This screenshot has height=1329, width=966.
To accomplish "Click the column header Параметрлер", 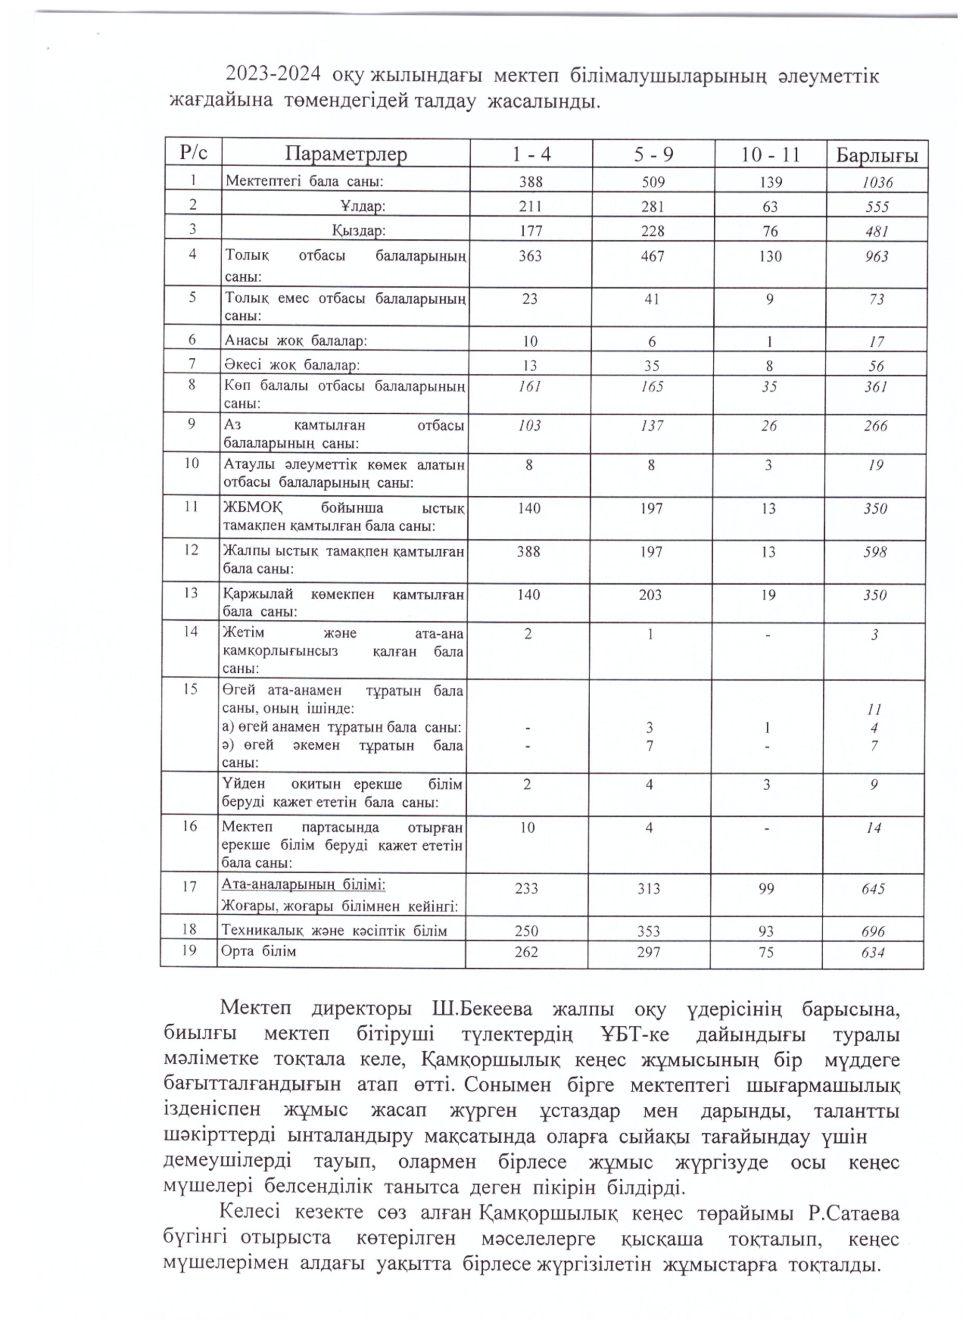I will coord(346,154).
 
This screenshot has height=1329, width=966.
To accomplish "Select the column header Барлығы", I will coord(876,156).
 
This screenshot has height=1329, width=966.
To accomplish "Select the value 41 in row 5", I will coord(652,300).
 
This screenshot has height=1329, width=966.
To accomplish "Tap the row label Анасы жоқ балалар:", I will coord(296,341).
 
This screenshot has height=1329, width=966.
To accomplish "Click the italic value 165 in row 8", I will coord(652,387).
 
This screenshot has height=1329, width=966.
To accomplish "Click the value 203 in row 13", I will coord(650,595).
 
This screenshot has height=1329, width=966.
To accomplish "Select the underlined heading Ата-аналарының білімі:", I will coord(303,884).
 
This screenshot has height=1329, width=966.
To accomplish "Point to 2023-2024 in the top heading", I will coord(273,76).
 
